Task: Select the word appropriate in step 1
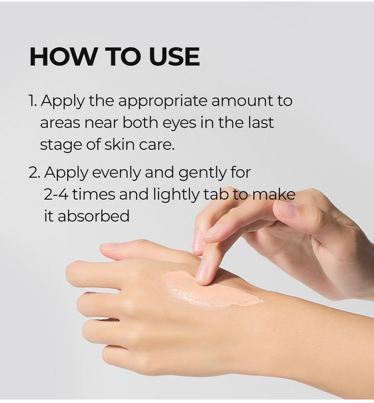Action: pos(163,101)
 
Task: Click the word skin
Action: pos(119,144)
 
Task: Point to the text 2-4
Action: pos(56,195)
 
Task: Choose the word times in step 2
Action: pos(93,194)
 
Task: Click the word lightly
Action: pos(176,195)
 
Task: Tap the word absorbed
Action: pos(93,215)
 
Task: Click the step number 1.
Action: pos(32,101)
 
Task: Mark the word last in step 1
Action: pos(261,123)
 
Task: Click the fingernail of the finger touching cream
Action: pos(202,272)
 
